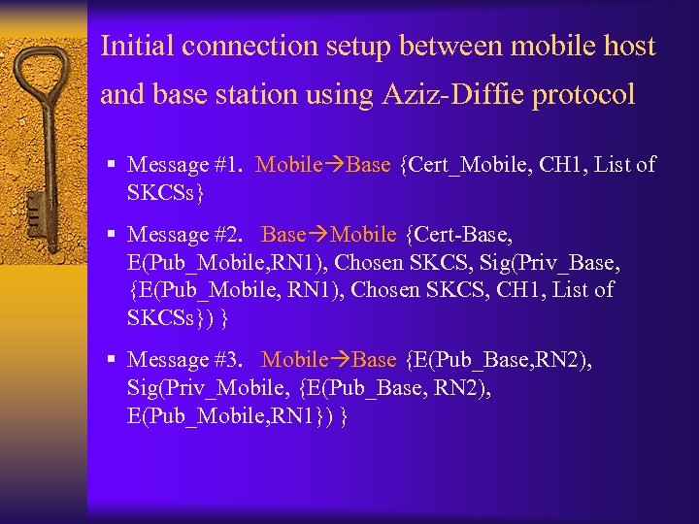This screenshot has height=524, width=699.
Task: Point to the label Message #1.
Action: click(x=183, y=165)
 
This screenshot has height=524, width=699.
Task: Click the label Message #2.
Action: click(x=183, y=235)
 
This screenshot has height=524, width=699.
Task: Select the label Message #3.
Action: click(x=183, y=360)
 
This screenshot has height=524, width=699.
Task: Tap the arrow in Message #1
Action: click(x=334, y=165)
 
